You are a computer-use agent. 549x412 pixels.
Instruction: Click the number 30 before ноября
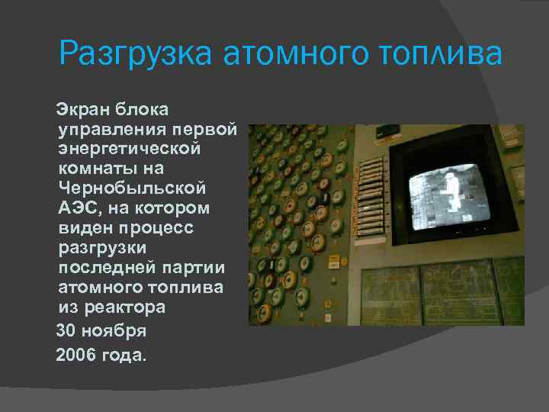point(67,331)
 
